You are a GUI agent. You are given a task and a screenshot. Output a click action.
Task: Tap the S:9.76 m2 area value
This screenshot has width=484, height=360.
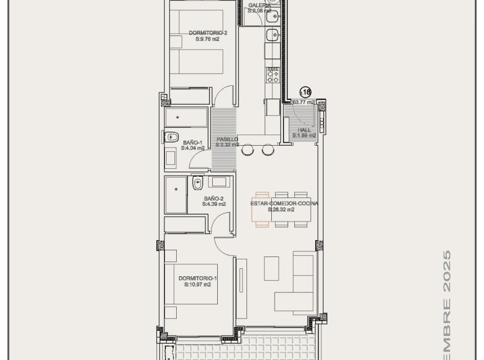pyautogui.click(x=195, y=39)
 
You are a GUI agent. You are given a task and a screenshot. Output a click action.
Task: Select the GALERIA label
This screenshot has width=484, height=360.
pyautogui.click(x=259, y=5)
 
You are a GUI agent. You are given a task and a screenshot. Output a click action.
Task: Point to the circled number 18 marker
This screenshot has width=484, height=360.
pyautogui.click(x=306, y=92)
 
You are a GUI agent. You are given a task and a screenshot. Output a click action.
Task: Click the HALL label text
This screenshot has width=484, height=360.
pyautogui.click(x=304, y=130)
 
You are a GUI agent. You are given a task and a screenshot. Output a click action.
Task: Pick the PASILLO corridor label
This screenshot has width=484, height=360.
pyautogui.click(x=227, y=139)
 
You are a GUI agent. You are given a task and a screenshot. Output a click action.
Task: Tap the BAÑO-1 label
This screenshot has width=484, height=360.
pyautogui.click(x=192, y=142)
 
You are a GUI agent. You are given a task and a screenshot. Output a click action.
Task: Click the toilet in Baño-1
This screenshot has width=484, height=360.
pyautogui.click(x=171, y=137)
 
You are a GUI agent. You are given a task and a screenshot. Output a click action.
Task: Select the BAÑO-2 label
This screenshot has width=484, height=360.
pyautogui.click(x=214, y=199)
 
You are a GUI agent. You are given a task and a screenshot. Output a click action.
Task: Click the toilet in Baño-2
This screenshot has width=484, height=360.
pyautogui.click(x=197, y=183)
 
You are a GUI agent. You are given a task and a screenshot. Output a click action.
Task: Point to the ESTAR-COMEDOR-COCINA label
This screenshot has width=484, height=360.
pyautogui.click(x=284, y=204)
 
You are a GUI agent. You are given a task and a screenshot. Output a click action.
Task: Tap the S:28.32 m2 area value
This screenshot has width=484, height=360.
pyautogui.click(x=281, y=210)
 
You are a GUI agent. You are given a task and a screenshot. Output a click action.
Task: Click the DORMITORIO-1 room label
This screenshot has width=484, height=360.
pyautogui.click(x=197, y=278)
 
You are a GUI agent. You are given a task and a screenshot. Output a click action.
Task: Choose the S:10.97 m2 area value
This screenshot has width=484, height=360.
pyautogui.click(x=197, y=285)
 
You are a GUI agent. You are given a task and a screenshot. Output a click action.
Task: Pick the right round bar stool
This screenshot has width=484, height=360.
pyautogui.click(x=267, y=150)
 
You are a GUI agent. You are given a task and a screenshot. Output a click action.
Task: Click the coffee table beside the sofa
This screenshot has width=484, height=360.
pyautogui.click(x=271, y=268)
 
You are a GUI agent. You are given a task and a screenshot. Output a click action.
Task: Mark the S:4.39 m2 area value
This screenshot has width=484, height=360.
pyautogui.click(x=214, y=205)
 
